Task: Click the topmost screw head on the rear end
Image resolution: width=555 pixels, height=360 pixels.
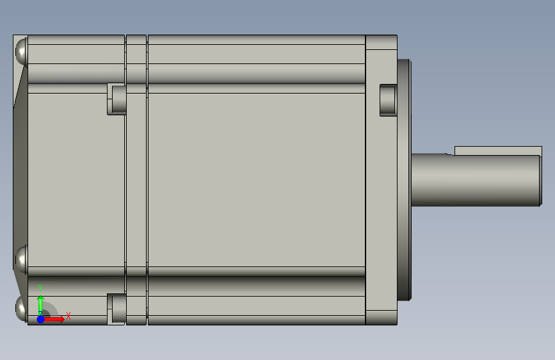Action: pyautogui.click(x=21, y=51)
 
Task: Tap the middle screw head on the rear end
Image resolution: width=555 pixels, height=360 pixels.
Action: pyautogui.click(x=21, y=259)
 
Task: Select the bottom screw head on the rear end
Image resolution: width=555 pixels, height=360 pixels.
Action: pyautogui.click(x=21, y=308)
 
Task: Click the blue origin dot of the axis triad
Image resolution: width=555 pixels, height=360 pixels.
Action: pyautogui.click(x=41, y=319)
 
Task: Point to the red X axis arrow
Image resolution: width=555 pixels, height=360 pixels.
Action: pyautogui.click(x=53, y=319)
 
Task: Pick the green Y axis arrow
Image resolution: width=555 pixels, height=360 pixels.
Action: pyautogui.click(x=41, y=306)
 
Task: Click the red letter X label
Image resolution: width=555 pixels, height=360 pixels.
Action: pyautogui.click(x=68, y=316)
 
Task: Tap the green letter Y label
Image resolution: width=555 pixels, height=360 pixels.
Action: pyautogui.click(x=40, y=288)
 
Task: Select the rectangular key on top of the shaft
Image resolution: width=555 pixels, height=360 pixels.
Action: pyautogui.click(x=498, y=151)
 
